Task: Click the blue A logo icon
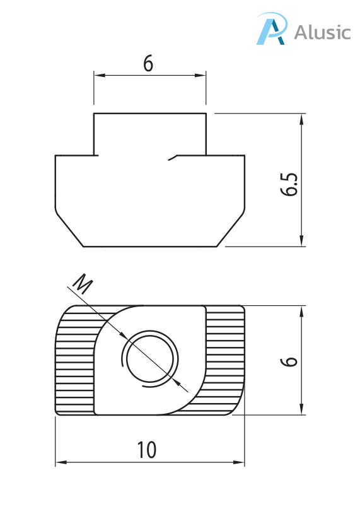270,29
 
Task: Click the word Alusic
322,32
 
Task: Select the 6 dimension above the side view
149,64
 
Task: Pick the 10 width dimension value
147,450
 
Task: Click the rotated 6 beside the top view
289,360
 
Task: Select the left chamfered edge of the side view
69,228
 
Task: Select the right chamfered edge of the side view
231,228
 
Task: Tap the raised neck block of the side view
149,134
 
